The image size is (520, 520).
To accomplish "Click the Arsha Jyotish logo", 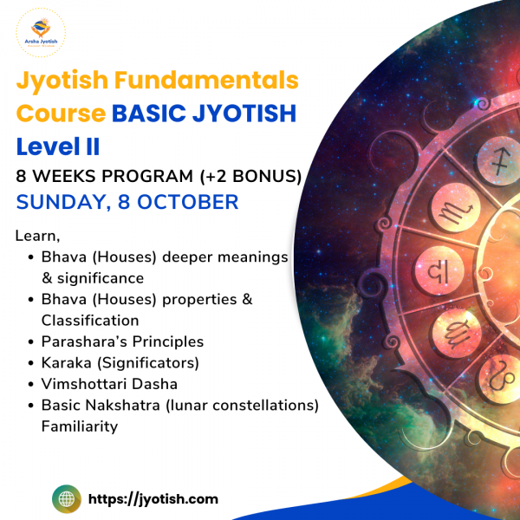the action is click(x=41, y=33).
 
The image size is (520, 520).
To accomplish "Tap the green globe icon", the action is click(x=67, y=499).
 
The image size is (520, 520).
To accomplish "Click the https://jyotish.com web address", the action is click(x=153, y=499).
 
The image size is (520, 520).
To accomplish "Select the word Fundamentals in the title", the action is click(x=206, y=80).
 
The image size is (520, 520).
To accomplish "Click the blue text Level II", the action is click(x=58, y=146).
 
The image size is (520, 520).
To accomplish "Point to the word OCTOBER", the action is click(x=188, y=202).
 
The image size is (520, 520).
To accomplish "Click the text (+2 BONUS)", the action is click(x=250, y=176).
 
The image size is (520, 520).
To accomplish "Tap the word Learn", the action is click(x=37, y=236).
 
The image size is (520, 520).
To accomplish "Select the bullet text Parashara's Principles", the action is click(x=122, y=341).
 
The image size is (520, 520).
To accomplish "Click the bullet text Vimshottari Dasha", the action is click(x=109, y=384).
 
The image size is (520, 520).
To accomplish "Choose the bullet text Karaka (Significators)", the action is click(x=120, y=363).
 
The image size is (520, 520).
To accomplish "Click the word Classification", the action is click(x=90, y=321).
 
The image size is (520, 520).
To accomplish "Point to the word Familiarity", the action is click(x=80, y=426).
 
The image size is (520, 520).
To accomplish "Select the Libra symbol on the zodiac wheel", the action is click(x=439, y=270).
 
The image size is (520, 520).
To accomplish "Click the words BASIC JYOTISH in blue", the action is click(x=204, y=114).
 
